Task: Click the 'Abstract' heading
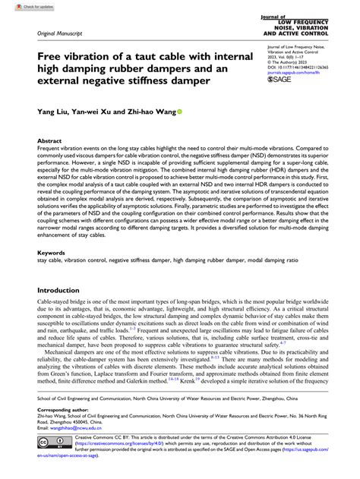pyautogui.click(x=50, y=141)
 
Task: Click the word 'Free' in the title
pyautogui.click(x=50, y=58)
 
